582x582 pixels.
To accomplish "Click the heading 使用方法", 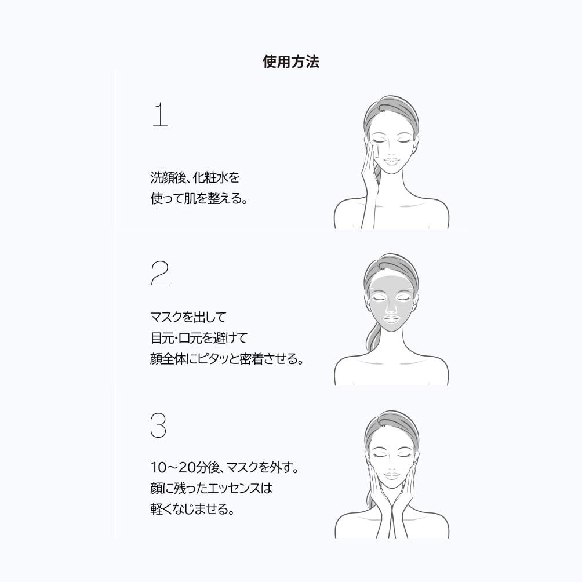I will [x=291, y=62].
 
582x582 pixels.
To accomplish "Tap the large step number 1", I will [x=159, y=115].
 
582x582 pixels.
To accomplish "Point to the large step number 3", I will [x=158, y=426].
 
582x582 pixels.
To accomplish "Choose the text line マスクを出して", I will [x=188, y=317].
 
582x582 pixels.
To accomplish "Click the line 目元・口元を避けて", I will [x=199, y=338].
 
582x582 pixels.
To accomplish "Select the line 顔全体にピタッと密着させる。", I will [x=227, y=359].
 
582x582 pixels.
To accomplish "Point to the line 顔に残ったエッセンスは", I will [x=210, y=488].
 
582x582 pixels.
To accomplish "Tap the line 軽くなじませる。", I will [x=192, y=510].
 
